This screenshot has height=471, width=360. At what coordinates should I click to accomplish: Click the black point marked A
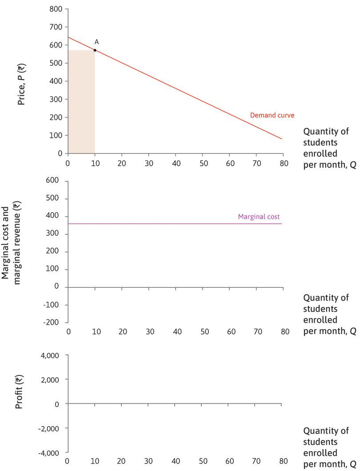tap(95, 50)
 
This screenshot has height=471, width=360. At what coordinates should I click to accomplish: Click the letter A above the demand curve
tap(96, 42)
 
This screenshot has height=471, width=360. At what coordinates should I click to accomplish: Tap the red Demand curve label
tap(272, 115)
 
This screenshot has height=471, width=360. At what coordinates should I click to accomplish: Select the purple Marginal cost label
tap(259, 217)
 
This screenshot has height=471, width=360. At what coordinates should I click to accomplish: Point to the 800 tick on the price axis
tap(56, 9)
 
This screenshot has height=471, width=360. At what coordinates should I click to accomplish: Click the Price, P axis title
tap(21, 84)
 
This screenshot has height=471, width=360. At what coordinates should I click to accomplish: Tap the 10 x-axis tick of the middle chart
tap(96, 332)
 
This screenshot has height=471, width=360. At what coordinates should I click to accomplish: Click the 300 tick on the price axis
tap(56, 99)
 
